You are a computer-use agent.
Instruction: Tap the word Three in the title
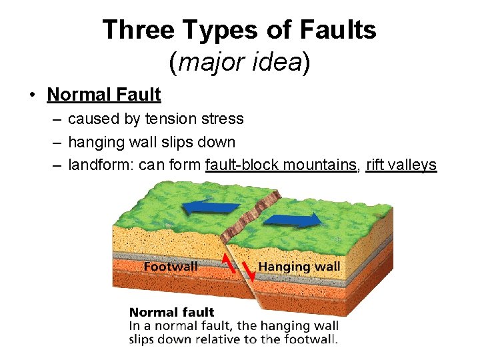(137, 30)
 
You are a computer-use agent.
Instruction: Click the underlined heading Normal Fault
(104, 95)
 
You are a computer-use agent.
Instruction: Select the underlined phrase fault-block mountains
(281, 165)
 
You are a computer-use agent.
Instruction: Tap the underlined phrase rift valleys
(401, 165)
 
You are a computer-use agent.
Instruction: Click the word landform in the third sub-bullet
(100, 165)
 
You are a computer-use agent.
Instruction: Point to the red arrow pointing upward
(229, 263)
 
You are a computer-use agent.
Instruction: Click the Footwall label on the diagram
(171, 267)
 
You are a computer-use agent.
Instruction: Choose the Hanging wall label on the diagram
(299, 267)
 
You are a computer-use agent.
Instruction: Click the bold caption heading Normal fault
(171, 312)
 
